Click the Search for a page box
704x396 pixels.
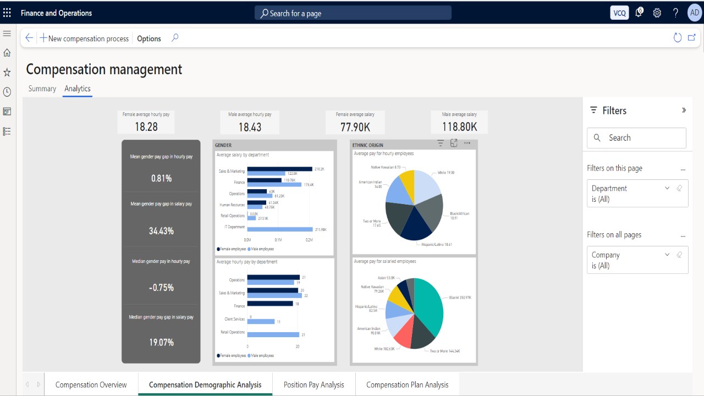pos(353,13)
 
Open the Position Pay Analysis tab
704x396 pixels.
pos(313,384)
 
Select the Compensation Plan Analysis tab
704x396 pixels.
pos(407,384)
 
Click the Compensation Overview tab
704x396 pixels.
pos(91,384)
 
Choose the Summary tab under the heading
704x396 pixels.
pos(42,89)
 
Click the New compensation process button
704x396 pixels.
pos(84,38)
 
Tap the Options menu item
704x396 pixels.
pos(149,38)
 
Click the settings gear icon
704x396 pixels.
pos(657,13)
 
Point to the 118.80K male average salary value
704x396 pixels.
pos(459,127)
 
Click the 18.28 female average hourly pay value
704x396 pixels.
pos(146,127)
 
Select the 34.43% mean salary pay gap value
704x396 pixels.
pos(161,231)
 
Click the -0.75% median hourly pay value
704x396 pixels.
pos(161,288)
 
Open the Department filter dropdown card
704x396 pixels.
pos(637,194)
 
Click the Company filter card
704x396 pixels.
pos(637,260)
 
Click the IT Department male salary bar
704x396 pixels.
pos(279,229)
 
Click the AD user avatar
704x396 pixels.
pos(694,13)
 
